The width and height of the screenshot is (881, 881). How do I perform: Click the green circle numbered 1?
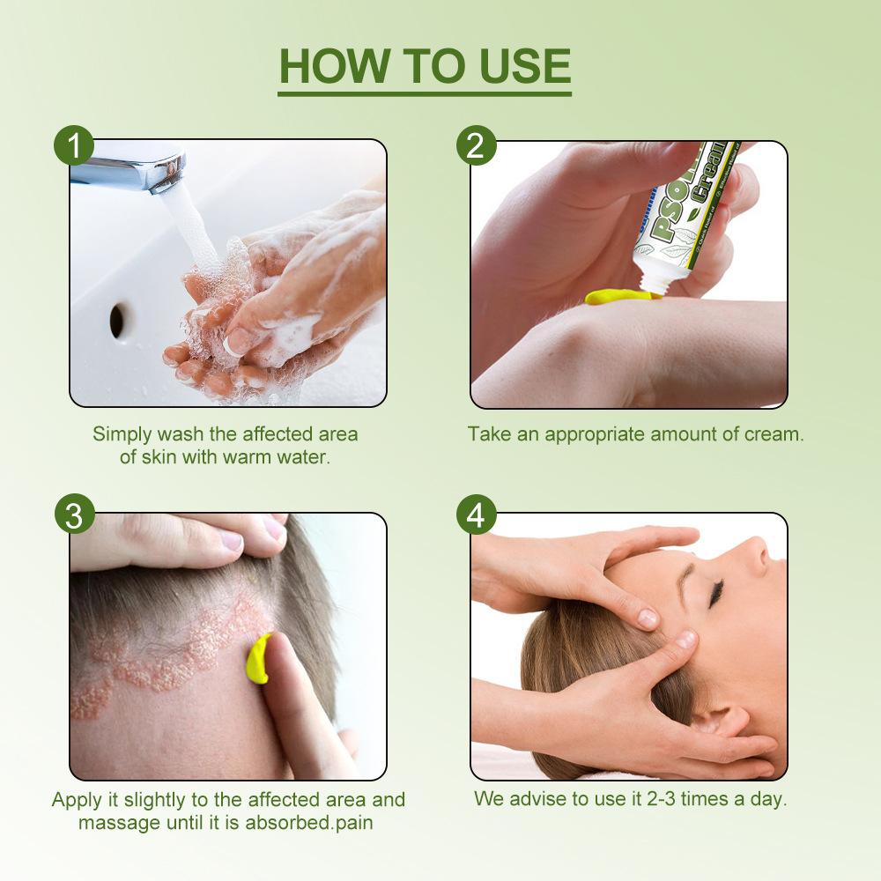coord(74,145)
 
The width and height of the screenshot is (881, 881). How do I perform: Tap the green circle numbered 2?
coord(476,145)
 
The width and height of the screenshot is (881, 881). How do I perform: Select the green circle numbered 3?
coord(74,515)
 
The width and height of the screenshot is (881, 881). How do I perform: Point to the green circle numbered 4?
coord(476,515)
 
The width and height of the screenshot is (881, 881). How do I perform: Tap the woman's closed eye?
coord(716,595)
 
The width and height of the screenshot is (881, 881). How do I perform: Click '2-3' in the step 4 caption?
coord(661,798)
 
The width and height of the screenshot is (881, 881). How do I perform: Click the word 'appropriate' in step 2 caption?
coord(595,435)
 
